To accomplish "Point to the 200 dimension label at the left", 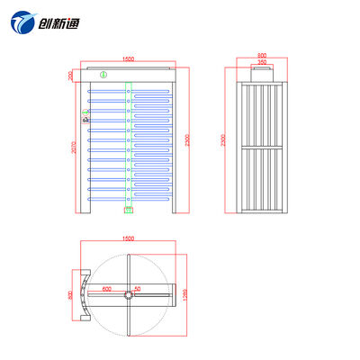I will coord(71,76).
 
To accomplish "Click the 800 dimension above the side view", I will coord(261,55).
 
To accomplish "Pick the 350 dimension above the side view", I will coord(261,62).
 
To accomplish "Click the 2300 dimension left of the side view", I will coord(224,142).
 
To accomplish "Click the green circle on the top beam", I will coord(103,76).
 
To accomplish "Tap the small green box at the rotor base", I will coord(129,211).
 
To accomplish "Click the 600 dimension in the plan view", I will coord(106,290).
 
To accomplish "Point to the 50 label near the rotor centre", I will coord(138,290).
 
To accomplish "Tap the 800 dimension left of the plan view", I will coord(69,295).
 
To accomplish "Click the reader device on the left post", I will coord(86,114).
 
